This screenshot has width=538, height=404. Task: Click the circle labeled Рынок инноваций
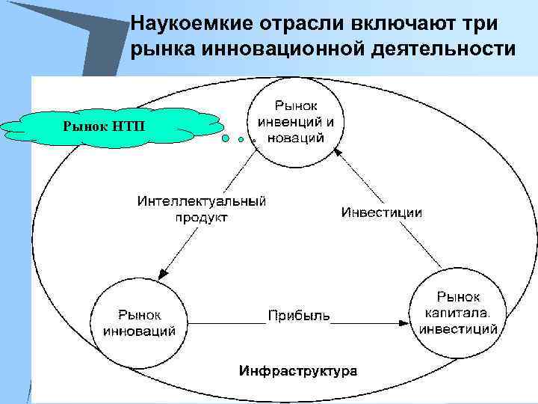click(139, 319)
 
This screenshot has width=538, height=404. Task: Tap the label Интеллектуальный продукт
click(202, 209)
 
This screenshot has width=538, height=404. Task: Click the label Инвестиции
click(382, 212)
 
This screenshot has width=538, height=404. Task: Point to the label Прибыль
click(299, 315)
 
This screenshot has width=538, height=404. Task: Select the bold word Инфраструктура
click(297, 370)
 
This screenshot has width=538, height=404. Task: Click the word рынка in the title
click(156, 50)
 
